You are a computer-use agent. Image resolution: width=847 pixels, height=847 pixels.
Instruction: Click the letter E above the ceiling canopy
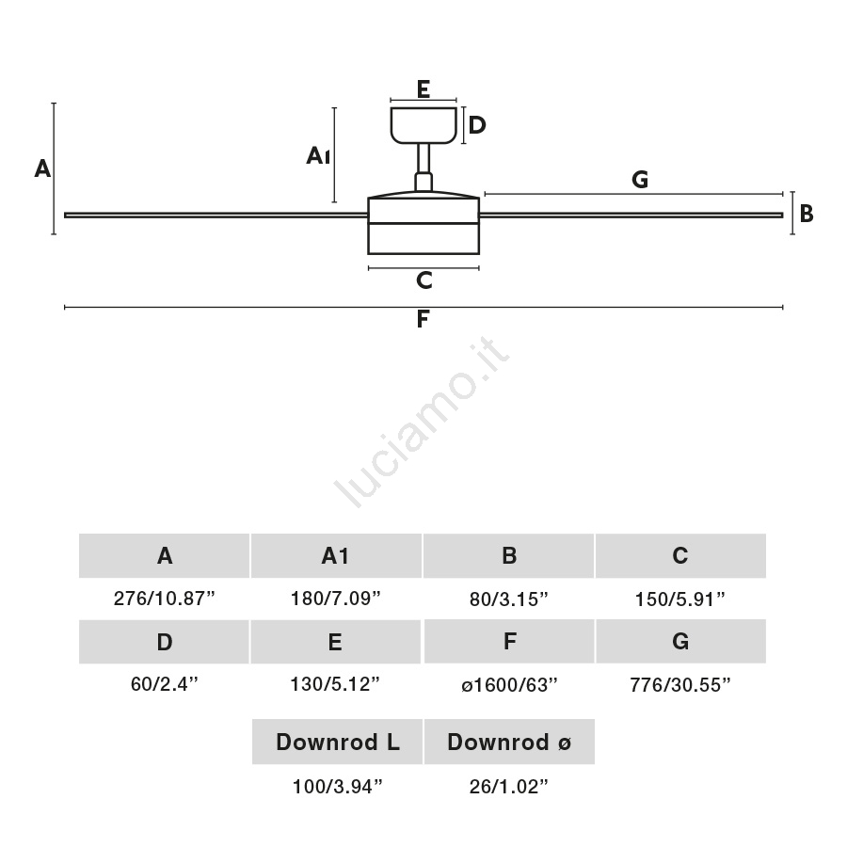(x=423, y=89)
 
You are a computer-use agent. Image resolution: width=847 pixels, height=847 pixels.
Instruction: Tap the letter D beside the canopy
(x=477, y=125)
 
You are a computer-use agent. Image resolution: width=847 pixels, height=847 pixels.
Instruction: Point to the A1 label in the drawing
(x=318, y=155)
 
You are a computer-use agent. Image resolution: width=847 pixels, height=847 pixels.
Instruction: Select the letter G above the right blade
(x=640, y=180)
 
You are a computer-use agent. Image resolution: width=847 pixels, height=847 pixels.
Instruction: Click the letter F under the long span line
(x=423, y=319)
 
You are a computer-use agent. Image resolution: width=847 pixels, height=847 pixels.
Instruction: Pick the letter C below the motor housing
(x=424, y=280)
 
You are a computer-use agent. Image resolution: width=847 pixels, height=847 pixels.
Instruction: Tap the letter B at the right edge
(x=807, y=214)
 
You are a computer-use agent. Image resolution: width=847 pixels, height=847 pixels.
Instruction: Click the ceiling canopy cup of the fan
(x=423, y=125)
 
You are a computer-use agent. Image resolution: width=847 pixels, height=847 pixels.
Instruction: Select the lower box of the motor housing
(x=423, y=238)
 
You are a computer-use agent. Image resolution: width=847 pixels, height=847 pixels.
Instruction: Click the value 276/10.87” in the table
(x=164, y=599)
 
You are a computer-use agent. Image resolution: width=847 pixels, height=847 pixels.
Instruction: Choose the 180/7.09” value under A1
(x=335, y=599)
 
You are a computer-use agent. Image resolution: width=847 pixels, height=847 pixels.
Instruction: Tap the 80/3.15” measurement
(x=509, y=599)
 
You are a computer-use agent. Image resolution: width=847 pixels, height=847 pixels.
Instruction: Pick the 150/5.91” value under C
(x=680, y=599)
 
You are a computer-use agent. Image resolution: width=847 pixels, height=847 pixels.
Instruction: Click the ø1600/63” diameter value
(x=509, y=685)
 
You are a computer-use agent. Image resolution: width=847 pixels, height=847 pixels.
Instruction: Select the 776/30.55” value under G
(x=680, y=685)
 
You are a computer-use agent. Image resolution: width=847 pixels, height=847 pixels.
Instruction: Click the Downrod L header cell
(x=337, y=742)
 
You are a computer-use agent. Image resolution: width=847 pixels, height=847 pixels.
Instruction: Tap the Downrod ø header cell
(x=509, y=742)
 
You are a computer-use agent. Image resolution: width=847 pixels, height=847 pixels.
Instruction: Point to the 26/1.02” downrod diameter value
(x=509, y=787)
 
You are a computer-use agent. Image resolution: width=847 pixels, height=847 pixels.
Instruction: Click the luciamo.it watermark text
(x=422, y=422)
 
